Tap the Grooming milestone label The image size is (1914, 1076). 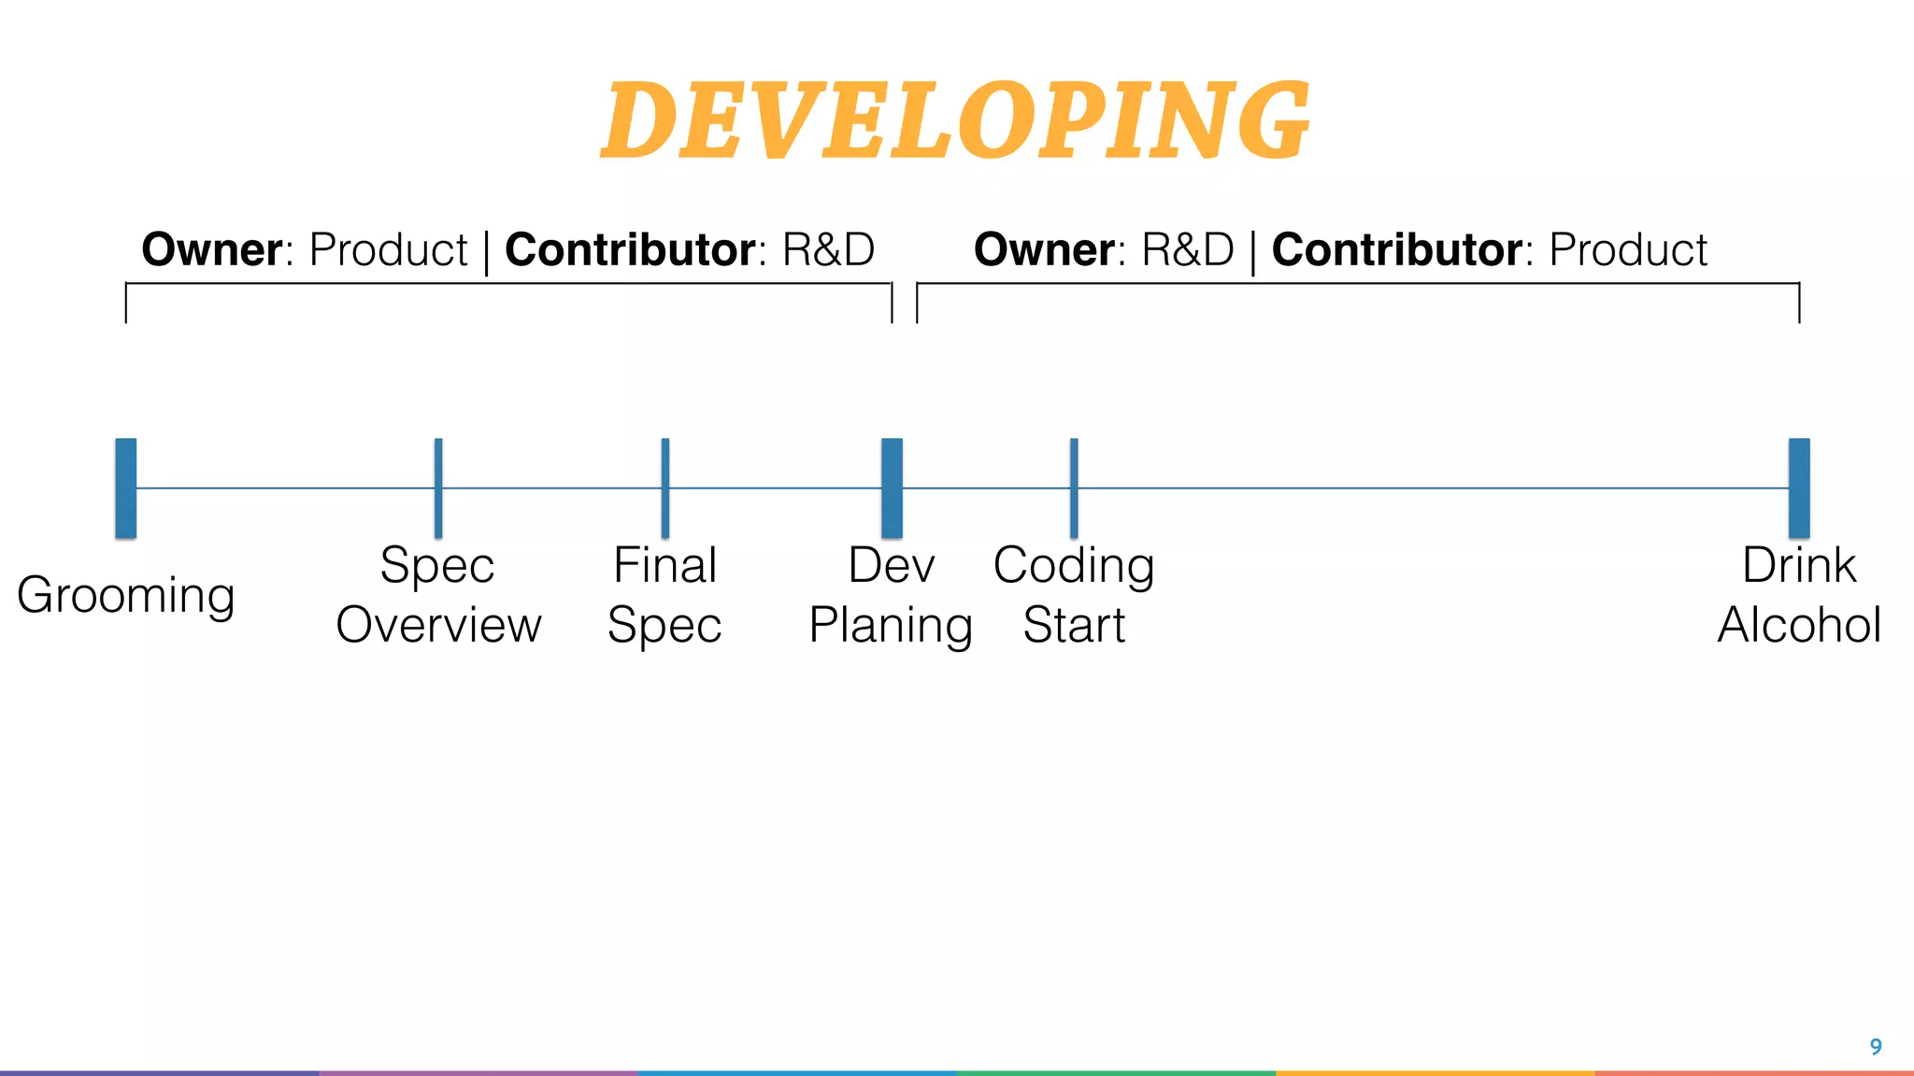click(x=126, y=595)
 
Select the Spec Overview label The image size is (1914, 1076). click(x=438, y=595)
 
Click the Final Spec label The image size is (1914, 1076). click(x=664, y=595)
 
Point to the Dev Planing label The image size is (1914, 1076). click(x=891, y=595)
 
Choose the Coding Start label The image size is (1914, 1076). click(x=1074, y=595)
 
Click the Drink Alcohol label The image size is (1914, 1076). click(x=1799, y=595)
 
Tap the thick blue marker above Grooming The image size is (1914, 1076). click(x=126, y=488)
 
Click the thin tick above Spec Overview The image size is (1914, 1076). click(x=438, y=488)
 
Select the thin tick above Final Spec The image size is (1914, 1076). click(x=664, y=488)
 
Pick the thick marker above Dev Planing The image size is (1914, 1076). click(x=893, y=488)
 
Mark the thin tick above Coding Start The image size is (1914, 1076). click(x=1074, y=488)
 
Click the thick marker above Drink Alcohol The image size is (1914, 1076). click(x=1799, y=488)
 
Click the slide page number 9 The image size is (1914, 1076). click(x=1875, y=1047)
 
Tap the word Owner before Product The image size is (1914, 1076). click(x=212, y=249)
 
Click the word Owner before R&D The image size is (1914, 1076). click(x=1044, y=249)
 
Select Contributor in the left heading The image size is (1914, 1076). click(x=630, y=249)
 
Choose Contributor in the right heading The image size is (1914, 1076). click(x=1397, y=249)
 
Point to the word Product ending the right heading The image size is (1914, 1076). click(x=1628, y=249)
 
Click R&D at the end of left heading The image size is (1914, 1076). click(x=828, y=249)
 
